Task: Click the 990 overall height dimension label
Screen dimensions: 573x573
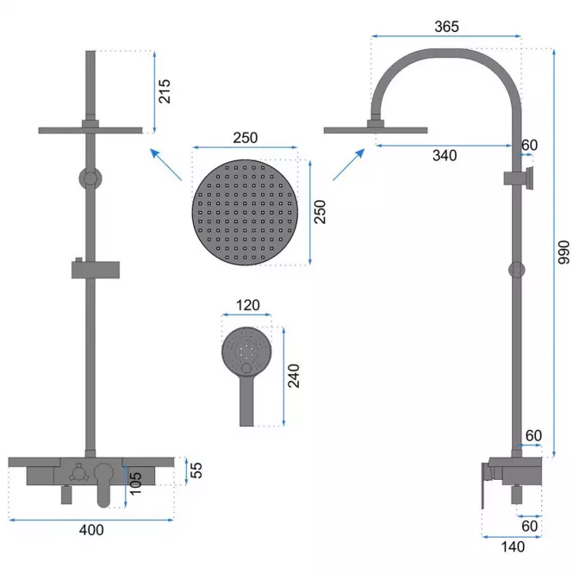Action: (564, 252)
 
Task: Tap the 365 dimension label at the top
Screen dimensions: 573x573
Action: (446, 27)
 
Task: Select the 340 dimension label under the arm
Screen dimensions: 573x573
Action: (445, 156)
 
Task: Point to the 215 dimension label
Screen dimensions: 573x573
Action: (165, 91)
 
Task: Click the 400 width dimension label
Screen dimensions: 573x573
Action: (91, 530)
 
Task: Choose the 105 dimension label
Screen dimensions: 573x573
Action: (135, 483)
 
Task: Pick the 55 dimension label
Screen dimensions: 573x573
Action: (196, 470)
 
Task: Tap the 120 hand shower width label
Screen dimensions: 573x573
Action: (248, 305)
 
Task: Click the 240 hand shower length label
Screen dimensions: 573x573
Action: (294, 376)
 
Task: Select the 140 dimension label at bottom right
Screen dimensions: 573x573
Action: (513, 547)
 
